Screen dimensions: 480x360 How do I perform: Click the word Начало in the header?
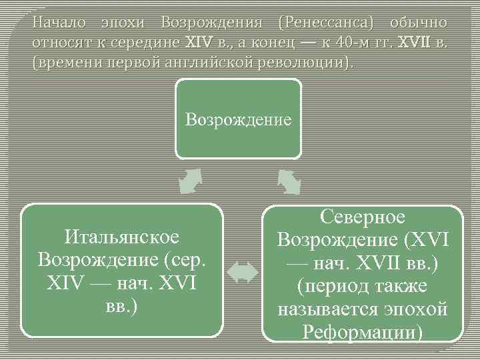(59, 22)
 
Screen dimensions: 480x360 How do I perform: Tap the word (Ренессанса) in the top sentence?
(329, 22)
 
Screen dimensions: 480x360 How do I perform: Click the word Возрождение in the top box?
(238, 120)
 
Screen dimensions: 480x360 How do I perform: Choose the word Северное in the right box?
(363, 217)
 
